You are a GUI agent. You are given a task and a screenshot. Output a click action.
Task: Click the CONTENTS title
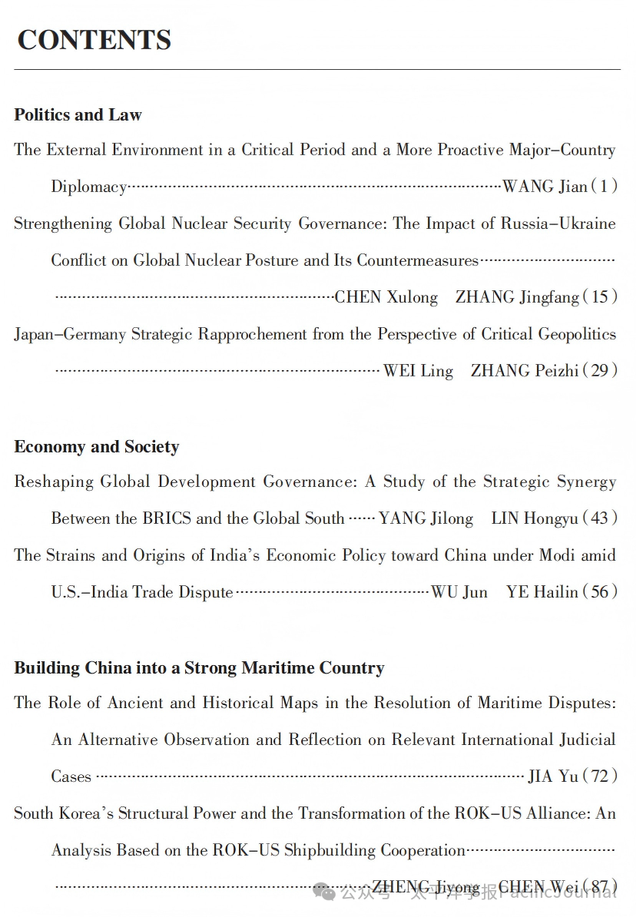click(x=94, y=40)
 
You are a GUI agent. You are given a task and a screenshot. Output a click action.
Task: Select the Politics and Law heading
click(x=78, y=115)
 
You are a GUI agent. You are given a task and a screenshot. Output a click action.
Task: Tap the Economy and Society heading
click(x=96, y=447)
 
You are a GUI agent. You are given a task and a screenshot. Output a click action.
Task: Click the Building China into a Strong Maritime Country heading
click(x=199, y=668)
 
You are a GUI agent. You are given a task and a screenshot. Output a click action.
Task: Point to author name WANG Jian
click(x=545, y=187)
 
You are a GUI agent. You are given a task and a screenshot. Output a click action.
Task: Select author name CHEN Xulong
click(x=386, y=297)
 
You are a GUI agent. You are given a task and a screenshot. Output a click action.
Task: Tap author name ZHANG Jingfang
click(x=517, y=297)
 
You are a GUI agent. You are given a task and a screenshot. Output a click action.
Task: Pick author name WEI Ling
click(x=418, y=371)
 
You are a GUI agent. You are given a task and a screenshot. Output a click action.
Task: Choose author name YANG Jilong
click(x=426, y=518)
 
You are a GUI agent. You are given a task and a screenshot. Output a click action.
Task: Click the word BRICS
click(x=167, y=518)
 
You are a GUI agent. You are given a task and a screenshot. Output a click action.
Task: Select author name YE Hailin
click(x=542, y=592)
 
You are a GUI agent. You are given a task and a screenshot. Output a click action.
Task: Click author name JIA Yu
click(x=553, y=776)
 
